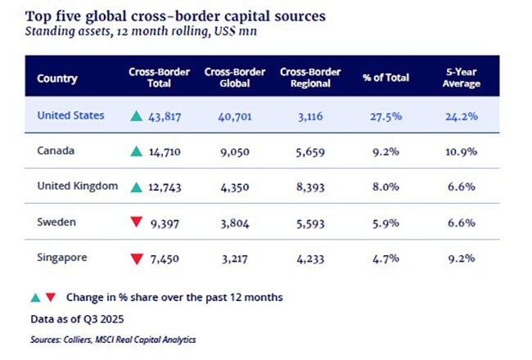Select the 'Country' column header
[x=57, y=79]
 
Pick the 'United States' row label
[x=70, y=115]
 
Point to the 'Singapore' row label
[x=62, y=258]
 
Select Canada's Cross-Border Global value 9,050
[x=234, y=151]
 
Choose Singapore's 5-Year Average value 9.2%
[x=462, y=259]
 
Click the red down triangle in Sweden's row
[x=136, y=223]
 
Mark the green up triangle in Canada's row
[x=136, y=151]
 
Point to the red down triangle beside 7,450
[x=136, y=259]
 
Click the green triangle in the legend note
[x=34, y=297]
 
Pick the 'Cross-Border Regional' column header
[x=310, y=78]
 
